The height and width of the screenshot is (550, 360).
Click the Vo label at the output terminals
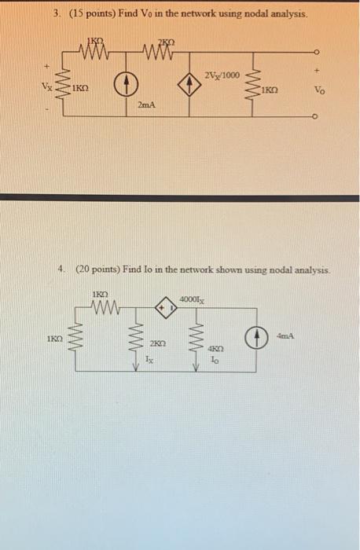318,90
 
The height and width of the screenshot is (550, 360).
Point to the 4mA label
285,336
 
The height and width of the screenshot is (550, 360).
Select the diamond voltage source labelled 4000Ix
167,309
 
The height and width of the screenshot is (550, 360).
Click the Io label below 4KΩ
215,359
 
